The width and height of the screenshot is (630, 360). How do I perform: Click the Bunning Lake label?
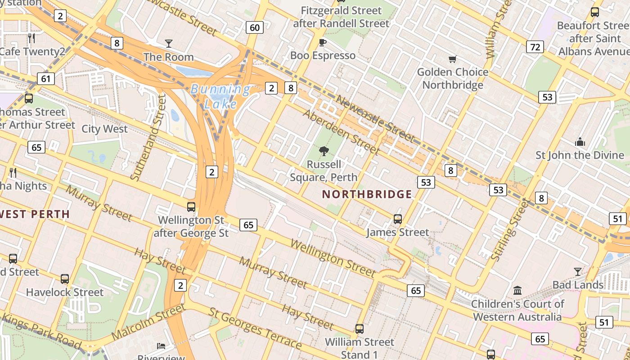[x=220, y=97]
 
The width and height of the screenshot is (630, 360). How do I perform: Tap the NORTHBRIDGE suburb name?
[x=367, y=194]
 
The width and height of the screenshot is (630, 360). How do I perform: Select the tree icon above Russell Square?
[x=323, y=151]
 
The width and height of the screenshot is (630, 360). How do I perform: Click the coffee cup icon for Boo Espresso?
[x=322, y=42]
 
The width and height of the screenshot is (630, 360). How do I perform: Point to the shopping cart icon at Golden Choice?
[x=453, y=59]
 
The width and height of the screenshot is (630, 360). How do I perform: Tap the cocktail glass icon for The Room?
[x=169, y=44]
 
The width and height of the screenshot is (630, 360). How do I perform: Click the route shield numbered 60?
[x=254, y=28]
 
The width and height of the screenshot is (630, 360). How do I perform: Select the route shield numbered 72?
[x=535, y=47]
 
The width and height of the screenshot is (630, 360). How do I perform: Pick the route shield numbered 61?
[x=46, y=79]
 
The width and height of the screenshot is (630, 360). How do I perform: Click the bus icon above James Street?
[x=398, y=219]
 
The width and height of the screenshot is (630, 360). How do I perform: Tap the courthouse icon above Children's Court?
[x=517, y=290]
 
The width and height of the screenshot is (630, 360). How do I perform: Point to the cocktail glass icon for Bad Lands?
[x=578, y=271]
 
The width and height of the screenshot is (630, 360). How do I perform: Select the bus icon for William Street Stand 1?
[x=359, y=329]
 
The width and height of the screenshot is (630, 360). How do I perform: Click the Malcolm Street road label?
[x=148, y=322]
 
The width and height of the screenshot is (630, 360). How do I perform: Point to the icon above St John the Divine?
[x=580, y=142]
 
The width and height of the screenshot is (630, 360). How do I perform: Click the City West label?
[x=104, y=129]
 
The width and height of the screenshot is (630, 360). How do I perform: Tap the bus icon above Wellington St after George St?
[x=191, y=207]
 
